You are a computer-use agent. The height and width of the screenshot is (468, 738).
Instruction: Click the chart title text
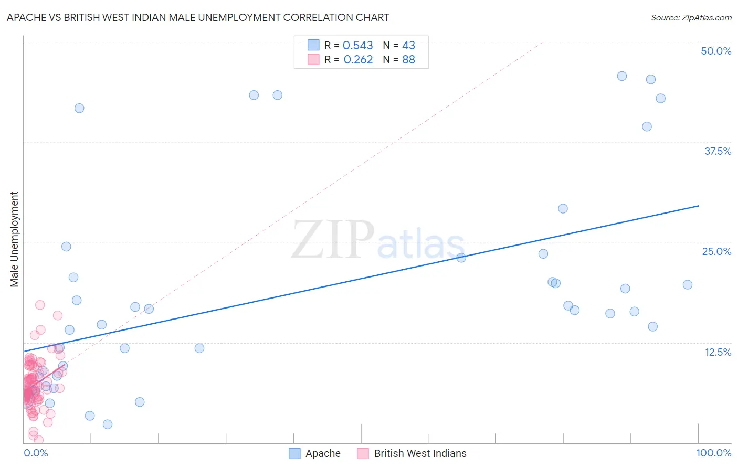pos(198,17)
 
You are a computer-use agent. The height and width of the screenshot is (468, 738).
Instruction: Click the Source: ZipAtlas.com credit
pos(691,17)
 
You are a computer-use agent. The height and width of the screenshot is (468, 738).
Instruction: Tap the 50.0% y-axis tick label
pos(716,51)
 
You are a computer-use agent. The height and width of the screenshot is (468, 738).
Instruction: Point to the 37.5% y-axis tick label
pos(718,151)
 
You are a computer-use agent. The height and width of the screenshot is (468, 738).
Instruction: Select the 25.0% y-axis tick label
pos(716,251)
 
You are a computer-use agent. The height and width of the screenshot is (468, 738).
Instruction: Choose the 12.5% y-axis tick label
pos(718,352)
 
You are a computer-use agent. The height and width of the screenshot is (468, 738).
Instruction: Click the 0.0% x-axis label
pos(36,453)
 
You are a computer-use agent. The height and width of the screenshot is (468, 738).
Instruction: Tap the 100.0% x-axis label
pos(713,453)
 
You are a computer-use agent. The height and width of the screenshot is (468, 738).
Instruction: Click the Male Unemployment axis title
pos(14,239)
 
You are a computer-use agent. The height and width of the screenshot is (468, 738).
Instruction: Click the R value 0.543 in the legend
pos(357,46)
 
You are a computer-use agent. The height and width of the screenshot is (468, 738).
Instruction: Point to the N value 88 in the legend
pos(408,60)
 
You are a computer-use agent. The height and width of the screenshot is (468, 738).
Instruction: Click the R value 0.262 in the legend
pos(358,60)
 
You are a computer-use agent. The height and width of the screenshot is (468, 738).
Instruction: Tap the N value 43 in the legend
pos(408,46)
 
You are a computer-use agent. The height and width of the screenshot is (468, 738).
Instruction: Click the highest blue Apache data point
pos(622,76)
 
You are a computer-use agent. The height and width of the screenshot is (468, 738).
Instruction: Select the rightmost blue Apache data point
pos(688,284)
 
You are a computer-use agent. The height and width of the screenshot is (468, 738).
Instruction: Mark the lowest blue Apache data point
pos(108,424)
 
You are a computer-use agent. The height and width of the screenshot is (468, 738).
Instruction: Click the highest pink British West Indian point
pos(40,305)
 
